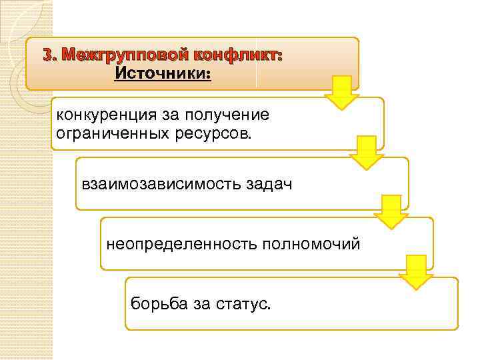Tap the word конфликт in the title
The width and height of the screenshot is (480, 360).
click(x=239, y=55)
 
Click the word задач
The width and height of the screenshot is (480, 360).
click(x=270, y=183)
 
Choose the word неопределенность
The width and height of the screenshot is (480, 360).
click(x=175, y=243)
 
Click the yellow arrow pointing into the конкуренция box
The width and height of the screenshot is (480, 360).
click(x=342, y=92)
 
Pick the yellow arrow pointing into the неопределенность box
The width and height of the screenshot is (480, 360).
click(x=391, y=212)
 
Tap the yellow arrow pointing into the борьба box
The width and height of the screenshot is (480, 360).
click(x=416, y=272)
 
